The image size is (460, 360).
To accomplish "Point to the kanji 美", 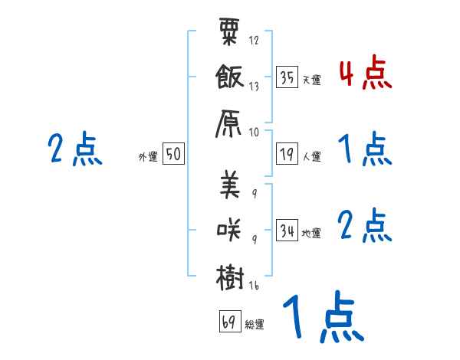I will [x=230, y=186].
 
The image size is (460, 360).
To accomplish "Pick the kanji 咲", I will [x=230, y=231].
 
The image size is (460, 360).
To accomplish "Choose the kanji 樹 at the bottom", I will [x=230, y=276].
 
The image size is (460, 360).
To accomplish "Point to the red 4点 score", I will [x=365, y=74].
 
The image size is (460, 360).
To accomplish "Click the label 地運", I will [x=311, y=234].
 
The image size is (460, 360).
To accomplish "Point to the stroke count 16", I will [x=254, y=286].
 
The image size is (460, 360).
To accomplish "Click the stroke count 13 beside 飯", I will [x=254, y=87].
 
